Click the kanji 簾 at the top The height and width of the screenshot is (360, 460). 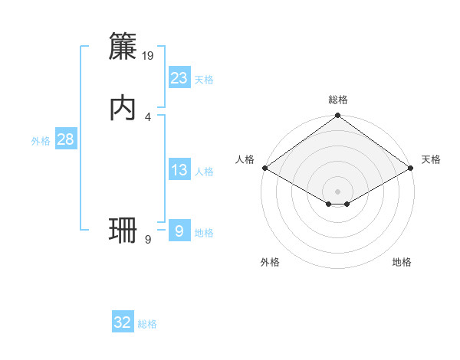click(123, 47)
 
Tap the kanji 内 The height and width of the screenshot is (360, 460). click(123, 108)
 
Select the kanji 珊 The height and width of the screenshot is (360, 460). click(123, 230)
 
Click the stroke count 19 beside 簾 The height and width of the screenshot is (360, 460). click(149, 55)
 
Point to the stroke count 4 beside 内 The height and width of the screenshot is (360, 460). click(148, 116)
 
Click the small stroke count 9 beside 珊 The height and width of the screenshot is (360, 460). click(148, 240)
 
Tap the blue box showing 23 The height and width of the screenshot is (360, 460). click(179, 77)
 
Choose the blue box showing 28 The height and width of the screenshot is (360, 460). click(65, 139)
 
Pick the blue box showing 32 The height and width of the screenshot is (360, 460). click(123, 322)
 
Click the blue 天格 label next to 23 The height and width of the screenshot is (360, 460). click(204, 80)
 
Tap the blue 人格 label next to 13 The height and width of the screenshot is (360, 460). click(204, 172)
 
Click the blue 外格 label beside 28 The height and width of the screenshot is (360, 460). click(41, 141)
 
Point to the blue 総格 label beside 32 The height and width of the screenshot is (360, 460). click(147, 325)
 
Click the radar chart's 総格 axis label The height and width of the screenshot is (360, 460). click(338, 100)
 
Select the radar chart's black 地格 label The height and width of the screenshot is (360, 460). click(402, 263)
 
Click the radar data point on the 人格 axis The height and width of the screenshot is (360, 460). click(264, 168)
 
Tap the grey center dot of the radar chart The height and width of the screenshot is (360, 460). click(338, 191)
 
